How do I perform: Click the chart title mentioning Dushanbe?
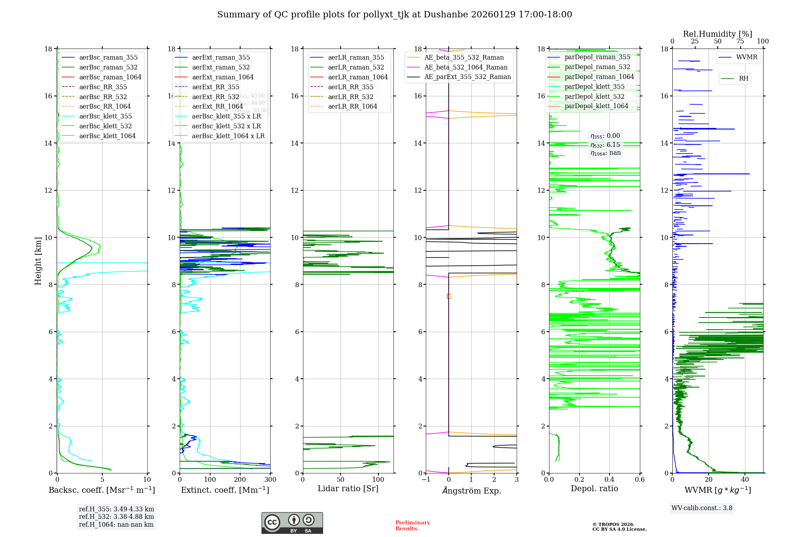click(395, 15)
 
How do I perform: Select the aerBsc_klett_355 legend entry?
click(105, 116)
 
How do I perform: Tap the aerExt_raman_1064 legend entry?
click(223, 77)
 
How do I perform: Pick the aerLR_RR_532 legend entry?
click(350, 97)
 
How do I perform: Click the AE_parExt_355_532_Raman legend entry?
click(467, 77)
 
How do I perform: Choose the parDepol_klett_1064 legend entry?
click(596, 106)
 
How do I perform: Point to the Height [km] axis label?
click(38, 261)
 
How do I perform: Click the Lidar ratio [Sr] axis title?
click(348, 489)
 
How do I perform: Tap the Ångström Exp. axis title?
click(471, 491)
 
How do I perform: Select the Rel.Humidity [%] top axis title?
click(717, 34)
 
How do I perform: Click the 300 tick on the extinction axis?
click(271, 480)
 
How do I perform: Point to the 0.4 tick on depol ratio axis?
click(609, 480)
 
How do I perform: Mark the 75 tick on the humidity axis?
click(740, 41)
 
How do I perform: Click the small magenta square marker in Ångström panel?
click(449, 296)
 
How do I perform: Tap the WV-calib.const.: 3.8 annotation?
click(702, 508)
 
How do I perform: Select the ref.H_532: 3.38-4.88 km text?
click(117, 517)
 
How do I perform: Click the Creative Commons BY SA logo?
click(292, 523)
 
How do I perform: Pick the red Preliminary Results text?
click(412, 526)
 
